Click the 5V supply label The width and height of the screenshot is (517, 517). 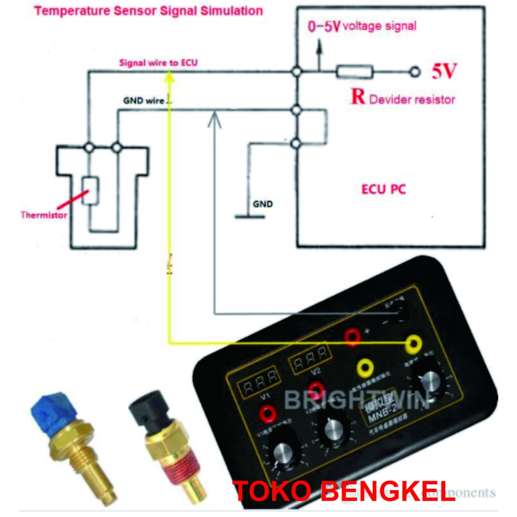tap(444, 72)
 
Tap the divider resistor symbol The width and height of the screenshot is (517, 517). tap(355, 72)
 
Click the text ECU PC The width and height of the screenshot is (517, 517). tap(384, 190)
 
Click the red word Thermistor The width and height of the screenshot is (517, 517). tap(43, 215)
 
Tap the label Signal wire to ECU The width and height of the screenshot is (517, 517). tap(158, 63)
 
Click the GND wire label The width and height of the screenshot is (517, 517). tap(144, 100)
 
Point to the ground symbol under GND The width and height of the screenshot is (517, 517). tap(249, 217)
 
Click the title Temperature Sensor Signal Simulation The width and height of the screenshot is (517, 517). tap(148, 11)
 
